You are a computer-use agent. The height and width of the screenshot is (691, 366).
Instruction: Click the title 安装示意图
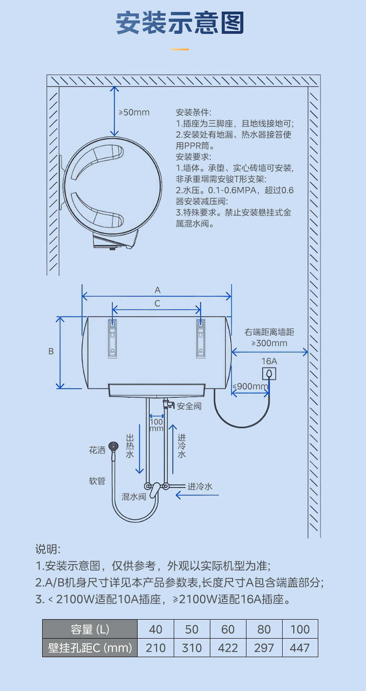(180, 23)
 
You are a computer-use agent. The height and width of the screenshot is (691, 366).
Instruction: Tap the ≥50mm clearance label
(134, 112)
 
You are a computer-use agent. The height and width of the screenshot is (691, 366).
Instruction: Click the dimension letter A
(158, 290)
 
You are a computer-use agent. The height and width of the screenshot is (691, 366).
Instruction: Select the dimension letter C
(158, 304)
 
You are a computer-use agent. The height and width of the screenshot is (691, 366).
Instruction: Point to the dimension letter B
(51, 351)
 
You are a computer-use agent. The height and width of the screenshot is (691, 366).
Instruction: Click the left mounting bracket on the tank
(113, 339)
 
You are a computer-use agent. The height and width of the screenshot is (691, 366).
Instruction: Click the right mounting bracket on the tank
(200, 339)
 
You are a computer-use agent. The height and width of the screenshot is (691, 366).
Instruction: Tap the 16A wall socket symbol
(269, 374)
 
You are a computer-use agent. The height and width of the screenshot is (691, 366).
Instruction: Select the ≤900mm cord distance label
(250, 386)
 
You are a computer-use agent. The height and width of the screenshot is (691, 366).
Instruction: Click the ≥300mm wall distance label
(269, 343)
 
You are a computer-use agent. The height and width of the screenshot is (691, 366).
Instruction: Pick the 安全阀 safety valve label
(189, 406)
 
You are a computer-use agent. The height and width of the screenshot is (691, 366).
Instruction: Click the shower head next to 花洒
(114, 447)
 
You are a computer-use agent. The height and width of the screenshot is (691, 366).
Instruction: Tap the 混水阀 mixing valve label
(134, 496)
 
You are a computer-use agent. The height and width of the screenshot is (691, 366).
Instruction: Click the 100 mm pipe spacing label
(157, 425)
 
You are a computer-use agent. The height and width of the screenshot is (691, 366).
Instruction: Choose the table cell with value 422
(228, 647)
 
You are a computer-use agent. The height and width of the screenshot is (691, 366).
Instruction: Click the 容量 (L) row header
(90, 629)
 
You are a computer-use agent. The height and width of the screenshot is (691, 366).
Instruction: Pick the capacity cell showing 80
(264, 629)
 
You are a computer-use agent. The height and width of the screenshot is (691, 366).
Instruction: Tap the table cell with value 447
(300, 647)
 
